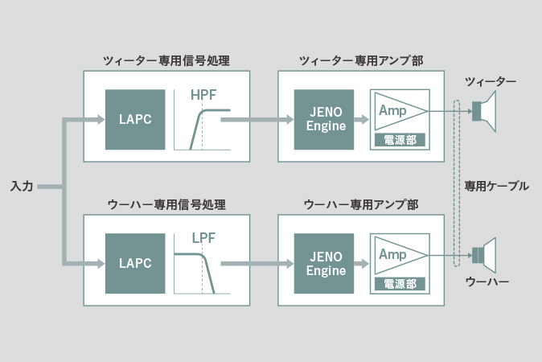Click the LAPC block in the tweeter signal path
[135, 120]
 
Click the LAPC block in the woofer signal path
[135, 264]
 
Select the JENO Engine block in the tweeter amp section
[324, 120]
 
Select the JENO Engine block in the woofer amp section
[324, 264]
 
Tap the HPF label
[203, 95]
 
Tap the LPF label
[203, 238]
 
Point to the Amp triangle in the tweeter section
[401, 111]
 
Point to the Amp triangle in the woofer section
[401, 255]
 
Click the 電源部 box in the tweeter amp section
[400, 140]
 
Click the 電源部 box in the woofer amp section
[400, 284]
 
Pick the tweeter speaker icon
[484, 111]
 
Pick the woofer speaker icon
[484, 256]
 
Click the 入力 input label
[22, 187]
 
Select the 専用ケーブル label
[496, 187]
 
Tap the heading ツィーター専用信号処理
[166, 61]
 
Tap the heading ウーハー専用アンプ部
[361, 204]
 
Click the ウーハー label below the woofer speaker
[487, 282]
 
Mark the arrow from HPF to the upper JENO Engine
[257, 120]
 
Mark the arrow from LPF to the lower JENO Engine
[257, 264]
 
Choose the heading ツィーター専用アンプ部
[361, 61]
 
